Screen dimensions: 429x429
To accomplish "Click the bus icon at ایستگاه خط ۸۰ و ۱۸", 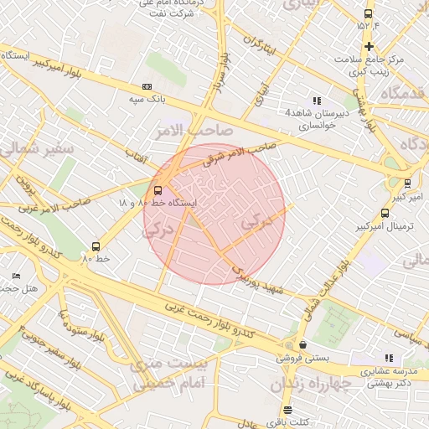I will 159,189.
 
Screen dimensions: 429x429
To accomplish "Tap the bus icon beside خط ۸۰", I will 96,246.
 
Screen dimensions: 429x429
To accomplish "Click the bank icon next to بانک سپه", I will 147,86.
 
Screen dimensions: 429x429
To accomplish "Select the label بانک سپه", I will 144,99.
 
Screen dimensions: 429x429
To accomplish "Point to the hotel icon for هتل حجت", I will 17,276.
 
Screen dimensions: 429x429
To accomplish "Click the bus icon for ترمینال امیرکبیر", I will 384,213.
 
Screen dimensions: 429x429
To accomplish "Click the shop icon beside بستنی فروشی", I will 302,344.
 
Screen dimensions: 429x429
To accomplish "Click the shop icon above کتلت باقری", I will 287,410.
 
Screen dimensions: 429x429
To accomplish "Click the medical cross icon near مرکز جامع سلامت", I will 368,45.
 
